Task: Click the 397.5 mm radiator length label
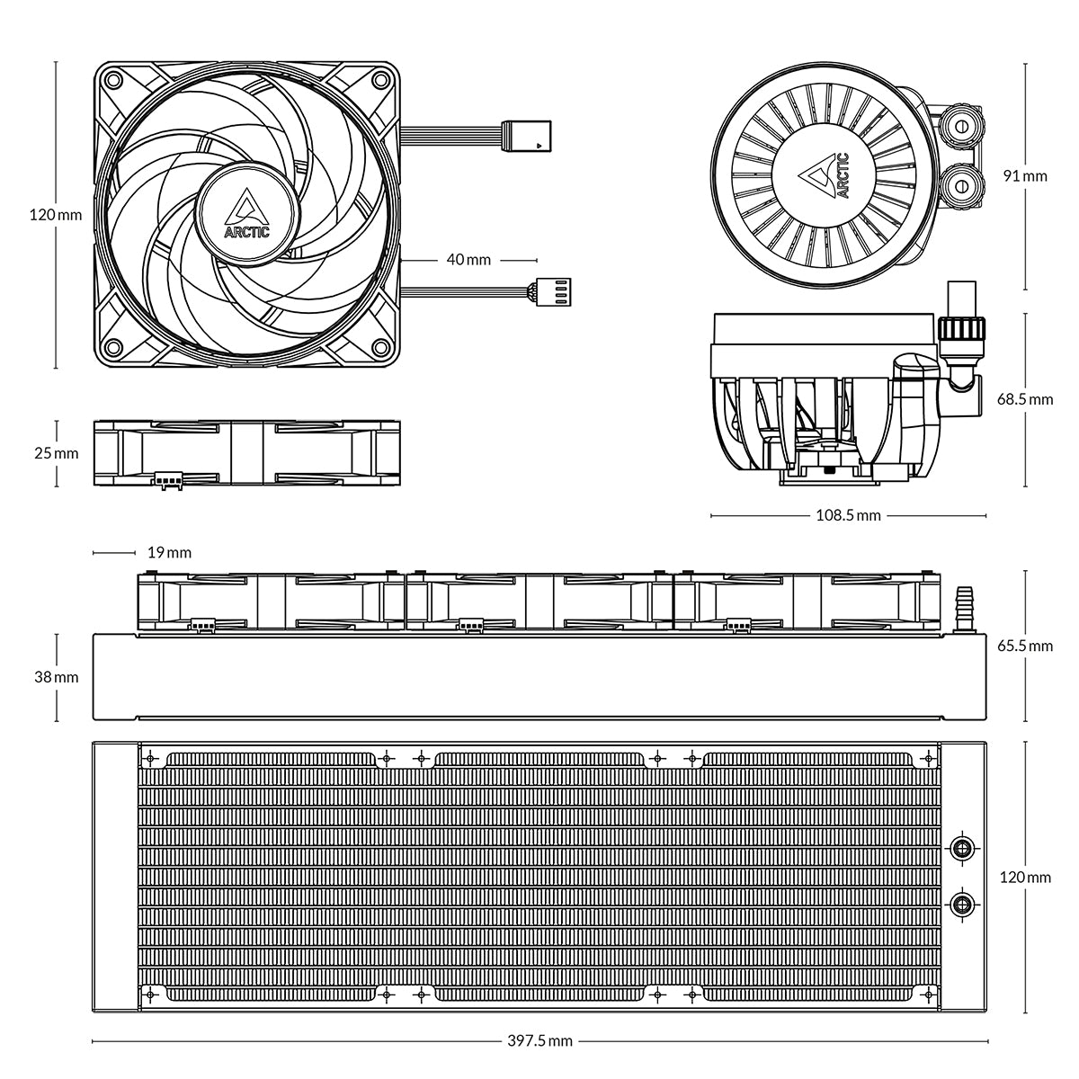(539, 1042)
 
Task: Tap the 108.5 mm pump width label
(848, 516)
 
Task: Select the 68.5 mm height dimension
(1025, 399)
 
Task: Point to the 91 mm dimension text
(1025, 176)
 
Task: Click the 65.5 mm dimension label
(1025, 646)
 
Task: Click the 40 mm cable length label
(468, 260)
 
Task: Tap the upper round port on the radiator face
(963, 846)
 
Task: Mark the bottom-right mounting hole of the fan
(380, 347)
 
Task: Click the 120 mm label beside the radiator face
(1025, 878)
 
